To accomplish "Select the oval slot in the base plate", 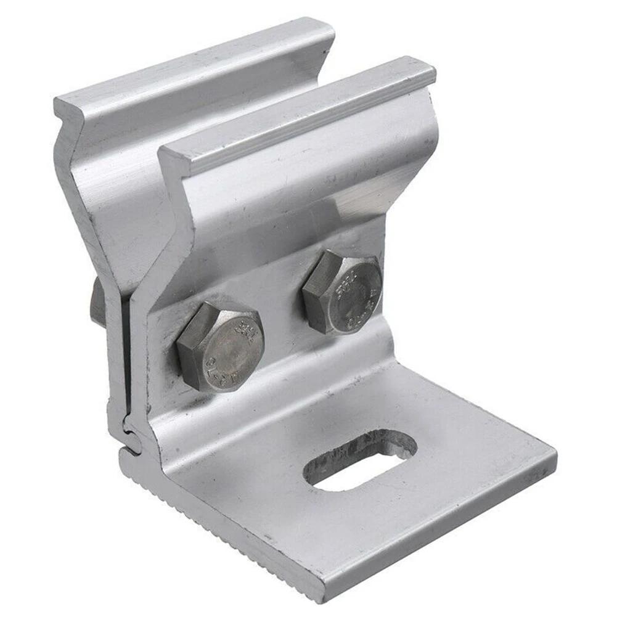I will pos(360,459).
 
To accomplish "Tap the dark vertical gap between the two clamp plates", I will pos(125,345).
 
